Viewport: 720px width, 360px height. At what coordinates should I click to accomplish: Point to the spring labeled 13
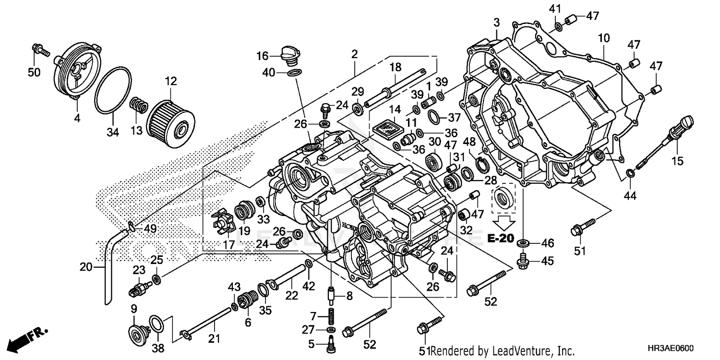[x=139, y=104]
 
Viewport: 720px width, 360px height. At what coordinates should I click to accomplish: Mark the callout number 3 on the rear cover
[x=496, y=22]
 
